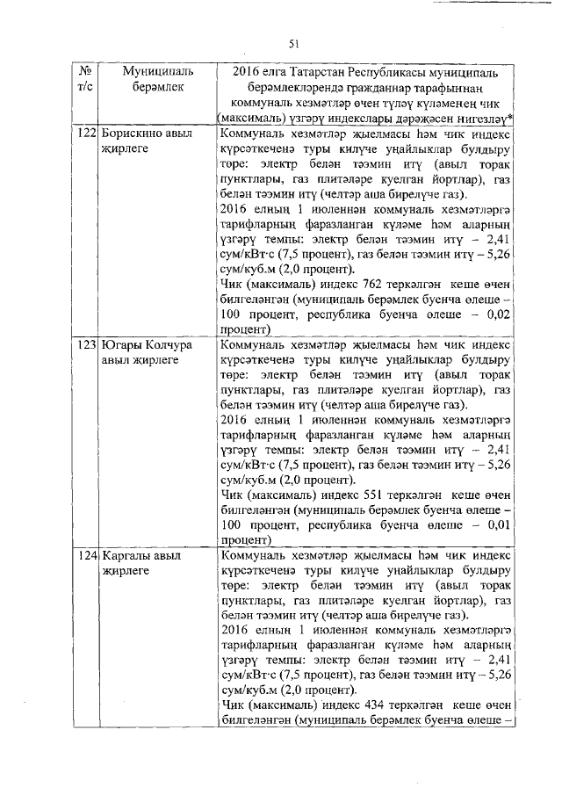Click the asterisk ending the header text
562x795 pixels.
coord(511,119)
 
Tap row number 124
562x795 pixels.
coord(86,556)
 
